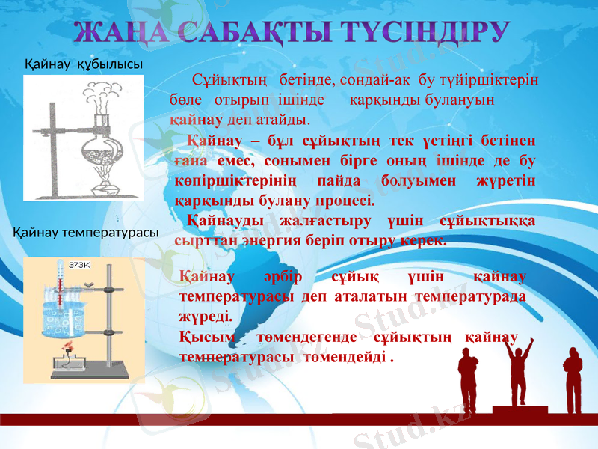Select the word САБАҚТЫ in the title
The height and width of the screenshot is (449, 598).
tap(256, 34)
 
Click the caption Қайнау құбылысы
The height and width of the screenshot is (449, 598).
tap(84, 64)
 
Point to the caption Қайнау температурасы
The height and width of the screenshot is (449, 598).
tap(87, 233)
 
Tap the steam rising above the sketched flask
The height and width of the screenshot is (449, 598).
tap(100, 94)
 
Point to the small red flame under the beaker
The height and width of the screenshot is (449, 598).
tap(71, 346)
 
